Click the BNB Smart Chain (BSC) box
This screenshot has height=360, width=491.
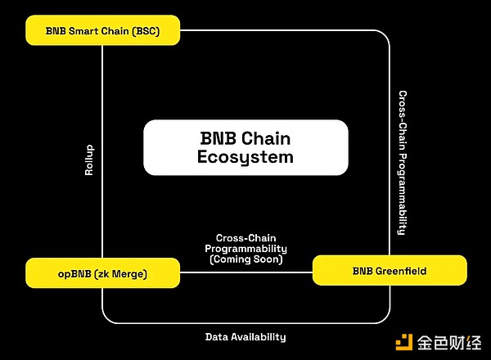[102, 31]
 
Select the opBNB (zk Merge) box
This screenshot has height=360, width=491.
[102, 273]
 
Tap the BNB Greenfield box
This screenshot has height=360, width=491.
[390, 270]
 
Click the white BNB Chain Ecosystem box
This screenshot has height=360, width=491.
[245, 147]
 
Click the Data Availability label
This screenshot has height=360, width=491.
[245, 336]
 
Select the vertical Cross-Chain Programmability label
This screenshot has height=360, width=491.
[402, 162]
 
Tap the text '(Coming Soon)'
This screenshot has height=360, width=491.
[245, 259]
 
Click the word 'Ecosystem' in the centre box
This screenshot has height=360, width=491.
[245, 158]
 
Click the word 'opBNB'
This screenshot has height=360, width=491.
[74, 273]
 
